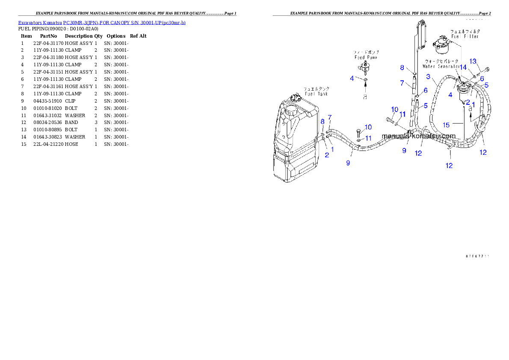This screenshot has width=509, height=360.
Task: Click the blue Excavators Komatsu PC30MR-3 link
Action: [x=102, y=22]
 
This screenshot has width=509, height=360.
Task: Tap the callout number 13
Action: [x=473, y=61]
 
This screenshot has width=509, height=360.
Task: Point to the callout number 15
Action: [x=446, y=125]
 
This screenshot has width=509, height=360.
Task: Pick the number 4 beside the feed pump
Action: [x=352, y=78]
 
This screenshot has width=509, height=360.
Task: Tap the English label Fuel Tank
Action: [x=316, y=94]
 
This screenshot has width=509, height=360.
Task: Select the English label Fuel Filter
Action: [x=461, y=37]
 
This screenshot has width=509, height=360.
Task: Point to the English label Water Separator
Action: [x=441, y=66]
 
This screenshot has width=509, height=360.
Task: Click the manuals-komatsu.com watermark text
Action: [x=418, y=136]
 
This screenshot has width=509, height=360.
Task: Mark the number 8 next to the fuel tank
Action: [x=323, y=121]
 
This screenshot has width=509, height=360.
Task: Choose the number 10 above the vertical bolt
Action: [x=368, y=127]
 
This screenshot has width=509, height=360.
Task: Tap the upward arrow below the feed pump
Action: [x=365, y=89]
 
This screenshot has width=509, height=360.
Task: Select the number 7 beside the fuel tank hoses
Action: [x=329, y=117]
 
